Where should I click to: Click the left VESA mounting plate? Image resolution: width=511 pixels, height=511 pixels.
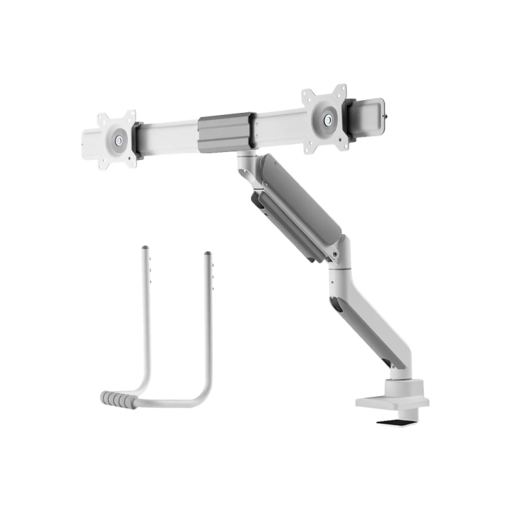click(x=117, y=139)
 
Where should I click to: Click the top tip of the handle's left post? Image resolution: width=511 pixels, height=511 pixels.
click(x=145, y=248)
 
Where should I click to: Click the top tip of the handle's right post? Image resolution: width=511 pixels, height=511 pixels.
click(x=208, y=253)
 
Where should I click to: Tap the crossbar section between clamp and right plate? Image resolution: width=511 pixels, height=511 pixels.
click(x=277, y=124)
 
